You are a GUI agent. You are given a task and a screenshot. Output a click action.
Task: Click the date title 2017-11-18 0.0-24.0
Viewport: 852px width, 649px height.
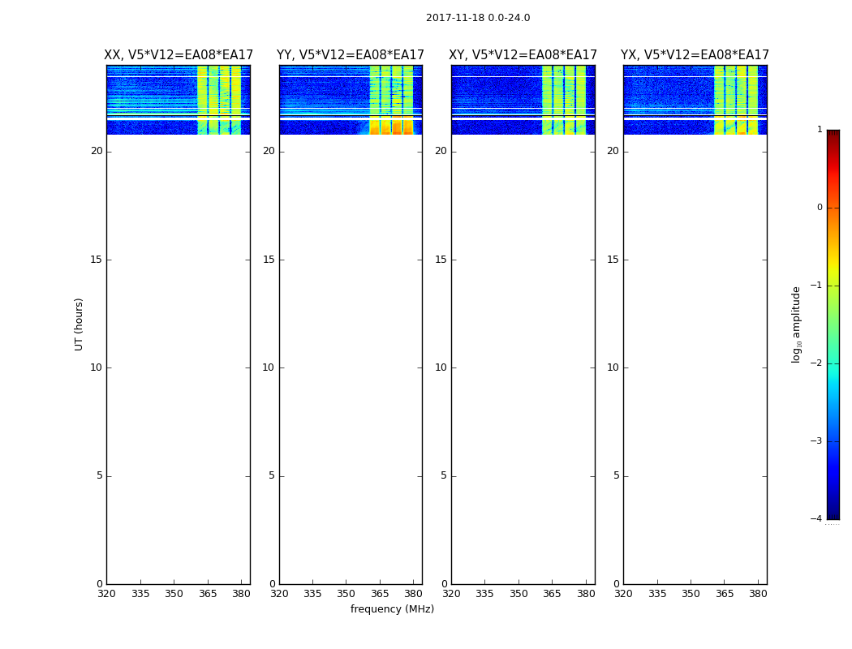[478, 18]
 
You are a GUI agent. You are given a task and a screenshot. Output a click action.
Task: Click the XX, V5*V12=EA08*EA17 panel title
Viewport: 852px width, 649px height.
[179, 55]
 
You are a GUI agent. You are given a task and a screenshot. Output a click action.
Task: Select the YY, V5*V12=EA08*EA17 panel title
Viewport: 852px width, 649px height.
[351, 55]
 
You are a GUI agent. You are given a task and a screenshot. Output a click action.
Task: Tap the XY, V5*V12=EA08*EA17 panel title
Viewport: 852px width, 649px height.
[523, 55]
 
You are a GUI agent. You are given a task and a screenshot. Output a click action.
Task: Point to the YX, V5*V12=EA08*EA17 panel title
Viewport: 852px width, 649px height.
[695, 55]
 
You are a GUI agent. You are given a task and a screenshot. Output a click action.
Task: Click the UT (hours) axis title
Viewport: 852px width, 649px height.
[80, 324]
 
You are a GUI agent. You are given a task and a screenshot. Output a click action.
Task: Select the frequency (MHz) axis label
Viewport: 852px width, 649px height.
[392, 609]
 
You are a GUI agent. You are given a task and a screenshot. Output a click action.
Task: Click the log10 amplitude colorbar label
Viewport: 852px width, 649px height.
[797, 324]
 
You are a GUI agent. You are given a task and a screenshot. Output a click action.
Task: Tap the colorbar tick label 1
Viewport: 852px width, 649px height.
[819, 130]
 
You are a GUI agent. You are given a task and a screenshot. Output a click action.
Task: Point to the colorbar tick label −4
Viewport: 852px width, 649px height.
[817, 519]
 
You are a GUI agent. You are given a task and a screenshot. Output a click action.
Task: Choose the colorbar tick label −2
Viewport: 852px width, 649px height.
[817, 363]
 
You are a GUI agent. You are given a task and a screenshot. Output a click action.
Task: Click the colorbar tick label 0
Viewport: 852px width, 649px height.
[819, 208]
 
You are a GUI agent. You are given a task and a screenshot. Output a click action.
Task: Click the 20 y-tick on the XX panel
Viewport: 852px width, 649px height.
[97, 151]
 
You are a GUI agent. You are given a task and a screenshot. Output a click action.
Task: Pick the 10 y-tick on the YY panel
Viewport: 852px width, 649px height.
[268, 367]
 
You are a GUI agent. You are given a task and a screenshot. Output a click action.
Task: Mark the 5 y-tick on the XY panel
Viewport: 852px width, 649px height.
[443, 475]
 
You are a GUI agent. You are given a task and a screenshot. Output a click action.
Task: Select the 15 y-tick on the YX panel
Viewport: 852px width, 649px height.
[613, 260]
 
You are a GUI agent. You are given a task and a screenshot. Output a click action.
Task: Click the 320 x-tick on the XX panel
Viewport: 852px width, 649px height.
[106, 594]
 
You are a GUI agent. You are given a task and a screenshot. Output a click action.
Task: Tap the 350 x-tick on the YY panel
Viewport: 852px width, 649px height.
[346, 594]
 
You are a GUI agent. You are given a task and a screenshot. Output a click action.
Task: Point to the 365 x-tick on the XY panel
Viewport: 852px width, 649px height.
[553, 594]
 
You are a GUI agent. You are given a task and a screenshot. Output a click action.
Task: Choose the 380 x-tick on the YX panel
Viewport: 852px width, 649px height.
[759, 594]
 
